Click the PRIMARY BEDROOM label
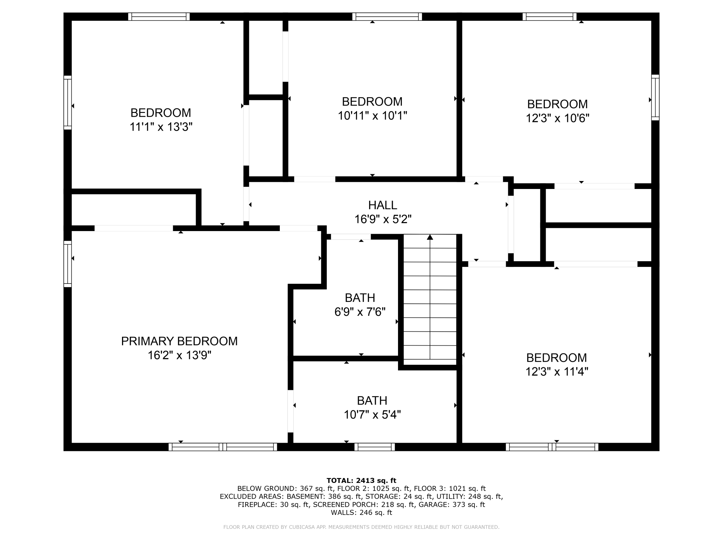pyautogui.click(x=179, y=341)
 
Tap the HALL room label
pyautogui.click(x=383, y=205)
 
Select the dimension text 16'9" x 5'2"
pyautogui.click(x=383, y=219)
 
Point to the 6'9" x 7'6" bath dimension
pyautogui.click(x=360, y=312)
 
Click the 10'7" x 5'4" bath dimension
pyautogui.click(x=372, y=414)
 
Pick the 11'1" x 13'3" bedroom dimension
pyautogui.click(x=161, y=127)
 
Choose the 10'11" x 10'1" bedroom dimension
pyautogui.click(x=372, y=116)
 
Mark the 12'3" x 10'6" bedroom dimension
pyautogui.click(x=558, y=118)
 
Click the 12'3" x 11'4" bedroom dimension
pyautogui.click(x=557, y=372)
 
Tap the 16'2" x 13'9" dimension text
pyautogui.click(x=179, y=355)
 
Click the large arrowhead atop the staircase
pyautogui.click(x=430, y=237)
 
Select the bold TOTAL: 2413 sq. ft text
pyautogui.click(x=361, y=481)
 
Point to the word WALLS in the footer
pyautogui.click(x=343, y=512)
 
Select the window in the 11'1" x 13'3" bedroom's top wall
pyautogui.click(x=159, y=17)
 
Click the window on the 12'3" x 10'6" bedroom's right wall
pyautogui.click(x=655, y=97)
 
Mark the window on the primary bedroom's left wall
pyautogui.click(x=68, y=264)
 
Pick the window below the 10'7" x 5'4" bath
pyautogui.click(x=375, y=447)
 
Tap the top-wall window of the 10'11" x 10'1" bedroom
pyautogui.click(x=387, y=17)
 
